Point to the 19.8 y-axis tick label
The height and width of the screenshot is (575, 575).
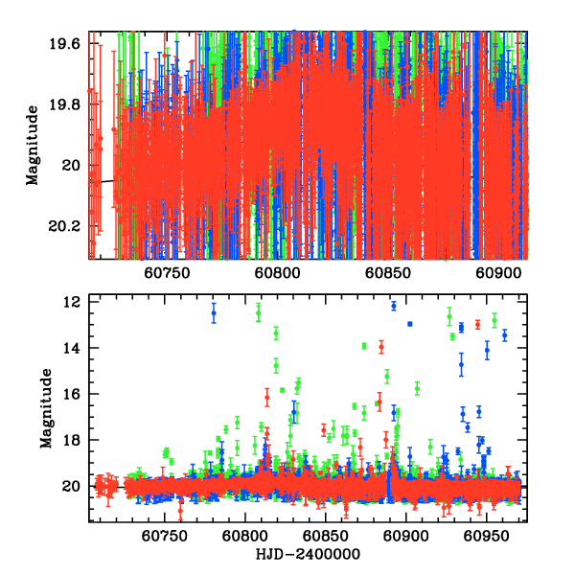point(67,104)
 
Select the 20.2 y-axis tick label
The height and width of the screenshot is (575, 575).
point(67,226)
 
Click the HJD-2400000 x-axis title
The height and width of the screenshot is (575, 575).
point(310,555)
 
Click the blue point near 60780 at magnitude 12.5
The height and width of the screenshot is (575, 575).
point(214,313)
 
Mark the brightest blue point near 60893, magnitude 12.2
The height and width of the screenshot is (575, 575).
point(394,306)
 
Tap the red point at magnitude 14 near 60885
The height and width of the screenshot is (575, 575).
point(380,346)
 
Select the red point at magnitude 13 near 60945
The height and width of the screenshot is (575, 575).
point(477,324)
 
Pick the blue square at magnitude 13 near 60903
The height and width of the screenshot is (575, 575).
point(410,324)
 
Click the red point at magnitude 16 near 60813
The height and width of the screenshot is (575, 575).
point(267,395)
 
